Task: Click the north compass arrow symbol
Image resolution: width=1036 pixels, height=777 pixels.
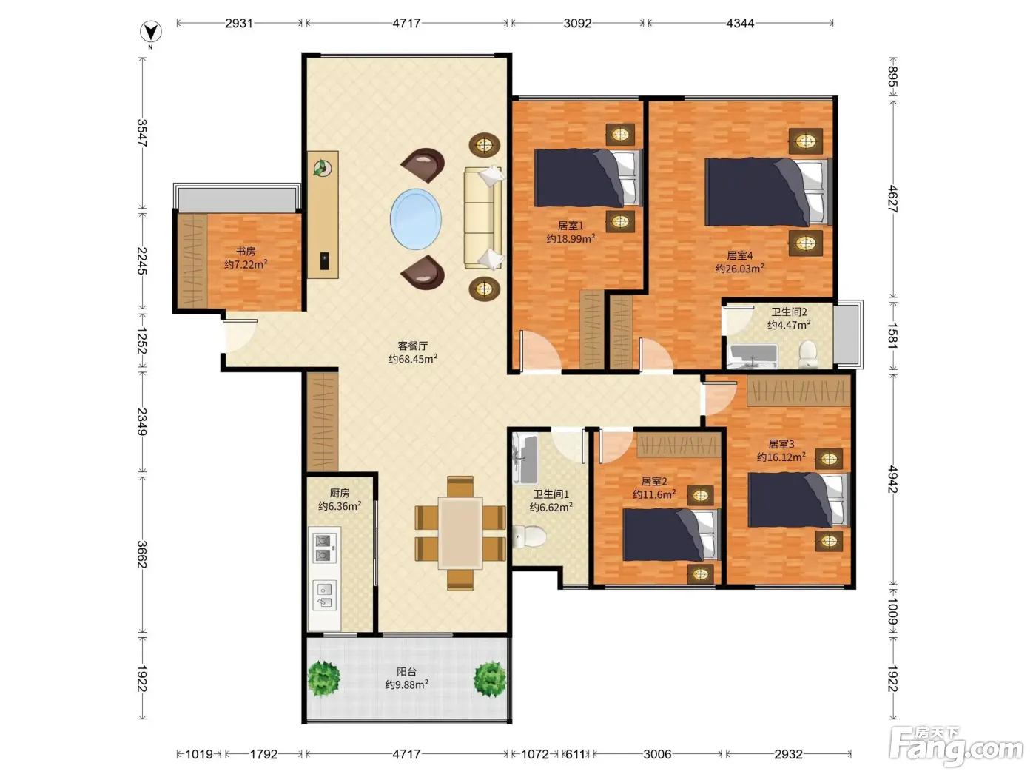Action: tap(150, 32)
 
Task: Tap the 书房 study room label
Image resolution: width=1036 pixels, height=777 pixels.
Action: tap(246, 251)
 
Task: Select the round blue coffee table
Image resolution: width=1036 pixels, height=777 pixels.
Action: tap(415, 219)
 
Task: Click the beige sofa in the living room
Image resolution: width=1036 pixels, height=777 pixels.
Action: tap(482, 218)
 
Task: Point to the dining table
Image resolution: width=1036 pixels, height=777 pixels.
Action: tap(460, 533)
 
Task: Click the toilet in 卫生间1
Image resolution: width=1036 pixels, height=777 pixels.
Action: tap(529, 536)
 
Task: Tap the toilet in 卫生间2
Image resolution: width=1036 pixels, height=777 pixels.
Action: tap(808, 354)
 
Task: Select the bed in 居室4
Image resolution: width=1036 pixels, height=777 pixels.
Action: tap(768, 192)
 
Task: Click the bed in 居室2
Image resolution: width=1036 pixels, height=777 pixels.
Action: tap(672, 534)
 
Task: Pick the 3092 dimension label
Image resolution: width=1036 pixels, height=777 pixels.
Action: tap(577, 23)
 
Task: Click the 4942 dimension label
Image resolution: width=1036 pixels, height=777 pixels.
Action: tap(892, 479)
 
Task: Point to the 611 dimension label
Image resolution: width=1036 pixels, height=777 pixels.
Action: tap(575, 754)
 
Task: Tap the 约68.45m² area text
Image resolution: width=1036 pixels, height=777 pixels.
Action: tap(412, 359)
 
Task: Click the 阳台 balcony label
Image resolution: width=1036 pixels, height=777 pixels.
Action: tap(406, 671)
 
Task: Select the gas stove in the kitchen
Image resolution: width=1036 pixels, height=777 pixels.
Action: tap(325, 548)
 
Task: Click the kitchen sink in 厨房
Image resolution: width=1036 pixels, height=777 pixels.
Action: tap(325, 596)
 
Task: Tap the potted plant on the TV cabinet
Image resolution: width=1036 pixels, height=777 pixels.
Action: tap(323, 167)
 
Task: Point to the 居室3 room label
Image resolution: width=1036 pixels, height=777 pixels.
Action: tap(781, 444)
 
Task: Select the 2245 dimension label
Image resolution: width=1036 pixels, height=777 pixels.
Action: tap(142, 260)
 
